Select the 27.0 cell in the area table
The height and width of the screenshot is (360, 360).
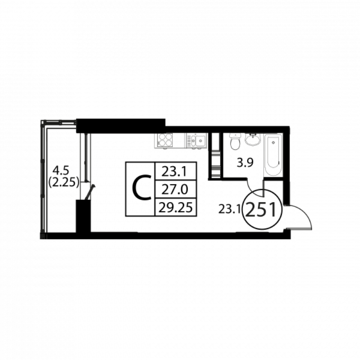tap(175, 189)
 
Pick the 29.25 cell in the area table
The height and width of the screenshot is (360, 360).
tap(175, 207)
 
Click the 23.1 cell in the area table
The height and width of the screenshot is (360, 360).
tap(175, 171)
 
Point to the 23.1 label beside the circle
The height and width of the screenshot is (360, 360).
tap(229, 209)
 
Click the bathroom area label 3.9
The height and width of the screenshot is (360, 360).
tap(245, 163)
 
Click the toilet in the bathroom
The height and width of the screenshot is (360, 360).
tap(235, 141)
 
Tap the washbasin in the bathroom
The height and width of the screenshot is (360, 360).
tap(253, 139)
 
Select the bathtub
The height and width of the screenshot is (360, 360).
tap(273, 155)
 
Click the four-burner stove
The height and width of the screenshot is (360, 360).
tap(165, 140)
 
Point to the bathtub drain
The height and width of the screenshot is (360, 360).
tap(273, 143)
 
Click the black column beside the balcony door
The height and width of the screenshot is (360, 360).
tap(84, 216)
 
